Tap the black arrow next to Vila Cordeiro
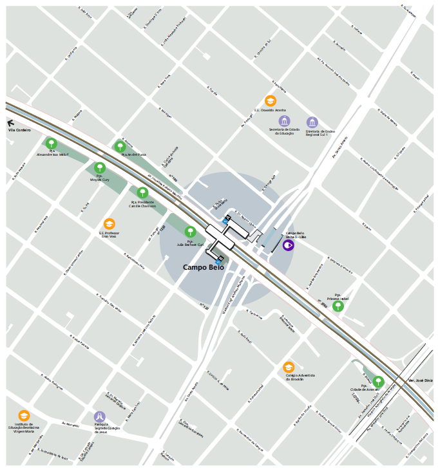point(10,122)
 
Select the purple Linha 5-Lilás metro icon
point(289,245)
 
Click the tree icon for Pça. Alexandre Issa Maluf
point(52,144)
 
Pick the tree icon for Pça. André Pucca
point(120,146)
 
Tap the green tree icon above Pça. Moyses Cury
point(100,167)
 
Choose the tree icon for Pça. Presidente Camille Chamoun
point(142,192)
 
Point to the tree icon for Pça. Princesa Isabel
point(338,306)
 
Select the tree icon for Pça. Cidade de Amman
point(378,382)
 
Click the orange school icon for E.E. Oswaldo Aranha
point(271,100)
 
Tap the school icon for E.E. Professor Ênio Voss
point(109,223)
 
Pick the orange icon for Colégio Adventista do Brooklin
point(289,367)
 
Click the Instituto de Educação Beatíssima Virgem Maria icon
point(24,416)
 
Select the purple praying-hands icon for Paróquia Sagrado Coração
point(99,417)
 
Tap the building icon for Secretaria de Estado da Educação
point(284,121)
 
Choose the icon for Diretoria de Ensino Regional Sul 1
point(312,122)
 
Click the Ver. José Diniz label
point(420,381)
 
